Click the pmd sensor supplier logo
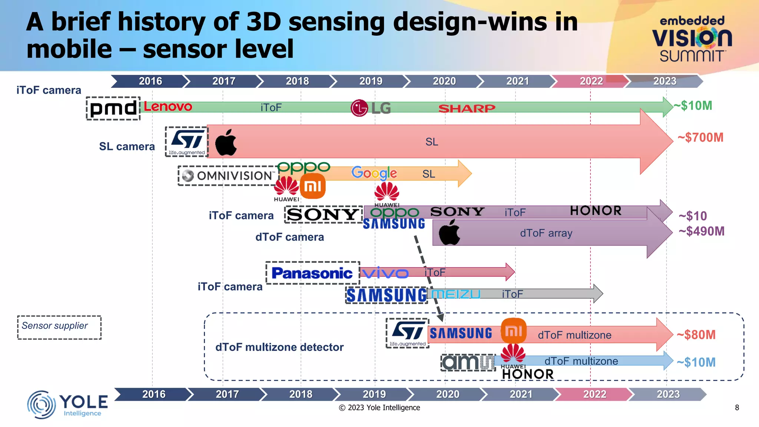pyautogui.click(x=113, y=108)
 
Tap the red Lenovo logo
pyautogui.click(x=168, y=107)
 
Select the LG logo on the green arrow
pyautogui.click(x=371, y=108)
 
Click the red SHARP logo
pyautogui.click(x=467, y=108)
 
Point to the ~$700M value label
pyautogui.click(x=700, y=138)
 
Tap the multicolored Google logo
pyautogui.click(x=374, y=173)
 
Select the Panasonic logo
pyautogui.click(x=312, y=273)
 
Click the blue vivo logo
pyautogui.click(x=385, y=273)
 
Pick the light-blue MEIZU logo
pyautogui.click(x=456, y=294)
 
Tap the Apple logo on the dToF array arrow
pyautogui.click(x=449, y=232)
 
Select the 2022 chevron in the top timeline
pyautogui.click(x=591, y=81)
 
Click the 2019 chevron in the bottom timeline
pyautogui.click(x=374, y=394)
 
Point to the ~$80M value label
pyautogui.click(x=696, y=335)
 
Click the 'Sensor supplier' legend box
pyautogui.click(x=59, y=327)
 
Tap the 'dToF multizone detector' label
pyautogui.click(x=279, y=347)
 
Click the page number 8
pyautogui.click(x=737, y=408)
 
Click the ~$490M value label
pyautogui.click(x=701, y=231)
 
